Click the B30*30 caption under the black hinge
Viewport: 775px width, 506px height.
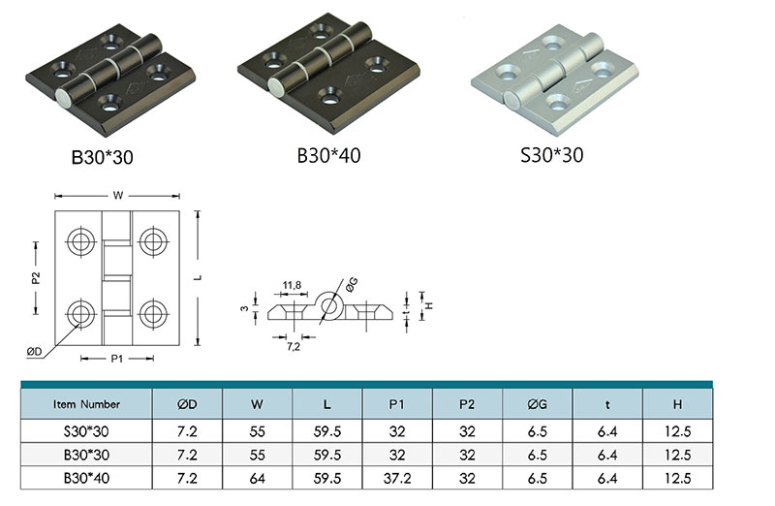103,157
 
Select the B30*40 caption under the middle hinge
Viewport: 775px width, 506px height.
328,155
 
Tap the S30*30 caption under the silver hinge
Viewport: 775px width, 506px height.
551,155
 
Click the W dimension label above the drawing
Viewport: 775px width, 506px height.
117,196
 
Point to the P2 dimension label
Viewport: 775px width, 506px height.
36,278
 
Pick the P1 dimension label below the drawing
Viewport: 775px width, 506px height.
116,359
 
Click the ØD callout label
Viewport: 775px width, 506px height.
35,352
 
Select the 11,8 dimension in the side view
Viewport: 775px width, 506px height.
292,285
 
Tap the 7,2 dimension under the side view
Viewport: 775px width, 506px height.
294,347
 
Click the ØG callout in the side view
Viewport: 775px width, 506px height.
352,284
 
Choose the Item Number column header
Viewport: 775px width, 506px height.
86,404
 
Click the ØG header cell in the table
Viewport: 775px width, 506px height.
538,404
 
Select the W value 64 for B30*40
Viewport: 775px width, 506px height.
257,478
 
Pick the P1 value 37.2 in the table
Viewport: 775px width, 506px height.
397,478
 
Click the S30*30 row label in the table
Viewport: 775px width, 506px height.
86,431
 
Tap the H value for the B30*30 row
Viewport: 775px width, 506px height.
677,455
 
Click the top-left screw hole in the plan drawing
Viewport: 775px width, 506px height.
80,241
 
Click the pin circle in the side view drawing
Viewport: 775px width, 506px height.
328,305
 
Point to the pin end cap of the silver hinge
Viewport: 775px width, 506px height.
512,100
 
